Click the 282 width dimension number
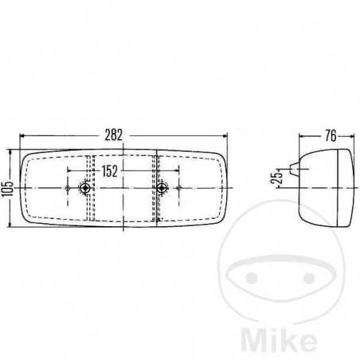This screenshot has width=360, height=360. pyautogui.click(x=113, y=135)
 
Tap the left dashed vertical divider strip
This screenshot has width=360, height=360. pyautogui.click(x=90, y=189)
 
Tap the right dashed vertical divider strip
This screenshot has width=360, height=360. pyautogui.click(x=158, y=189)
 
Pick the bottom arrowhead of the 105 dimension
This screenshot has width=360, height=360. pyautogui.click(x=10, y=226)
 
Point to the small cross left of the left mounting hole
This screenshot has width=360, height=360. pyautogui.click(x=68, y=189)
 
